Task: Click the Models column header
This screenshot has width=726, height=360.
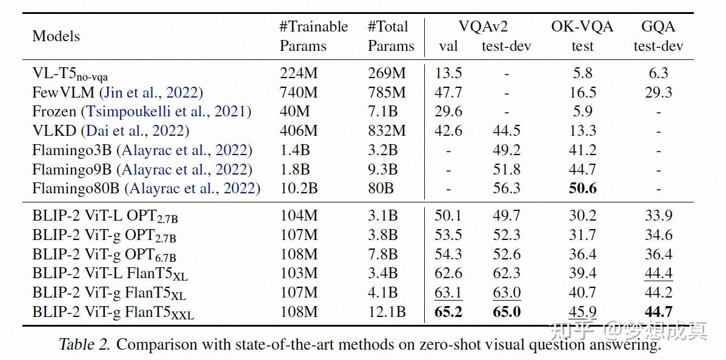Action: [x=56, y=36]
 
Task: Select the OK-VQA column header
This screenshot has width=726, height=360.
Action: [x=582, y=27]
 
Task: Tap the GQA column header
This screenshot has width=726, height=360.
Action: [x=658, y=27]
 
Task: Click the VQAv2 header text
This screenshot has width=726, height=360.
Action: [x=482, y=27]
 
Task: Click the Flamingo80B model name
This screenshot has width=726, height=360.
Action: [x=76, y=188]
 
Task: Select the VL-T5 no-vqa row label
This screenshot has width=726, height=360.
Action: [x=70, y=74]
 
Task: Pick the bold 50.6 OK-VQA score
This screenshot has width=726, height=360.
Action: [x=582, y=188]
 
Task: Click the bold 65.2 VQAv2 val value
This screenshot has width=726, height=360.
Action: [x=448, y=312]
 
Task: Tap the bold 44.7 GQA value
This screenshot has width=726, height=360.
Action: [x=658, y=312]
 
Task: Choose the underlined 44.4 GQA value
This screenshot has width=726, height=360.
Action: [x=658, y=273]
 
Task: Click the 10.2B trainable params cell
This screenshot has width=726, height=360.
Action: [x=298, y=188]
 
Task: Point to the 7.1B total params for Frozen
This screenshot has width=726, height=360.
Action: [x=383, y=112]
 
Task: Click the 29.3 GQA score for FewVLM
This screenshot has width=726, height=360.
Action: [x=658, y=92]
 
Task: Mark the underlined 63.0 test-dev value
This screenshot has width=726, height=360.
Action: [x=506, y=293]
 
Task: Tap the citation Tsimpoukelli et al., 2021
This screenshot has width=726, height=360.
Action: [x=168, y=112]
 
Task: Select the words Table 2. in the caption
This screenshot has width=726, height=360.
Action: [x=84, y=345]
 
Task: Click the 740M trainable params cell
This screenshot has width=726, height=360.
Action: [x=298, y=92]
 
